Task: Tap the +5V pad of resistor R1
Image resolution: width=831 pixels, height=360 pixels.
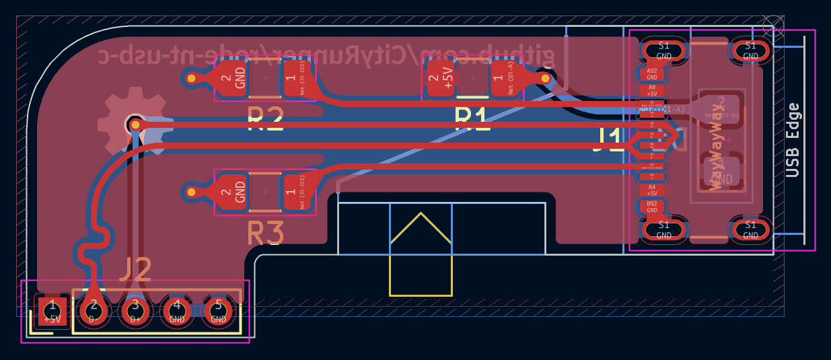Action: click(441, 79)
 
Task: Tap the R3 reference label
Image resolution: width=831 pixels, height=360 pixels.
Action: click(266, 234)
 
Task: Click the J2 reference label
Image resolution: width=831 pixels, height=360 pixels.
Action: click(135, 271)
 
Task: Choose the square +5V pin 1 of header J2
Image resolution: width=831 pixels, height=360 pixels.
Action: click(52, 310)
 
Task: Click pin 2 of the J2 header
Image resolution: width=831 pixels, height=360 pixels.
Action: click(94, 310)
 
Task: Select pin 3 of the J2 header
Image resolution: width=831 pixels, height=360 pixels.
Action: click(135, 310)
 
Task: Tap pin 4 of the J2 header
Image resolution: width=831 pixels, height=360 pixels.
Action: click(177, 310)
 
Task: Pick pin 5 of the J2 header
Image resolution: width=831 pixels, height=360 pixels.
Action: click(218, 310)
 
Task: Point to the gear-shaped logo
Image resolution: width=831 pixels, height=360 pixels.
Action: click(132, 124)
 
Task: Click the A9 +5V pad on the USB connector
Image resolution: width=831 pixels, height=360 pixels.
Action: click(651, 90)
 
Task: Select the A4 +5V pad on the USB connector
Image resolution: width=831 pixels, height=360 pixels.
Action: click(651, 190)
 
